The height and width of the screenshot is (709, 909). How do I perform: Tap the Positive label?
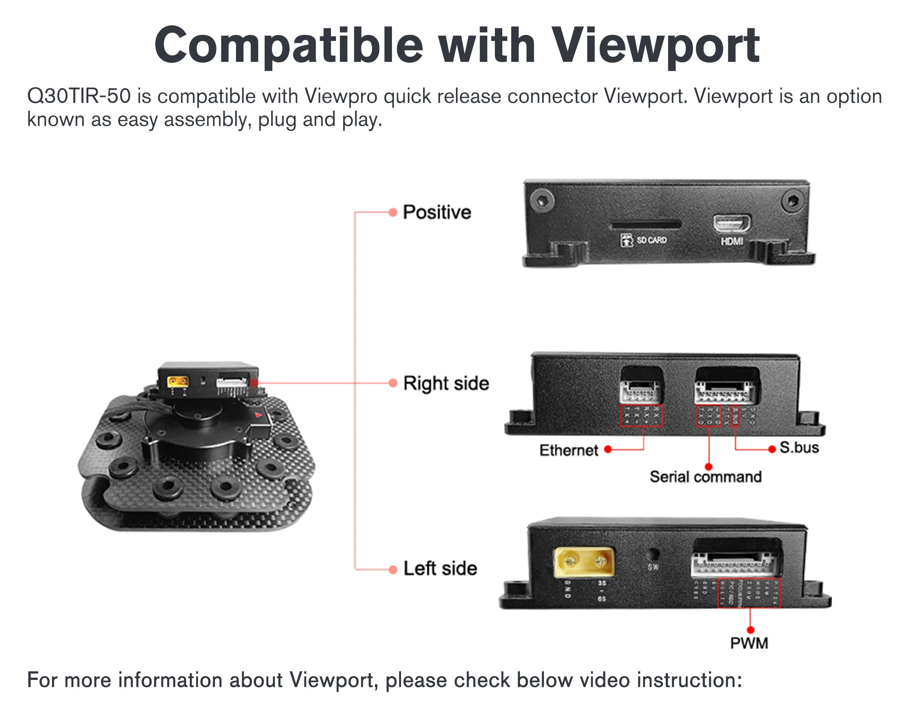pos(437,212)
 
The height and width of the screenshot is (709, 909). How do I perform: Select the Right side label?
pos(446,383)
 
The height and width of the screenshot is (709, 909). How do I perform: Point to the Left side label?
pos(440,568)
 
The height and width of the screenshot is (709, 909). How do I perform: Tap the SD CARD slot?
pos(645,225)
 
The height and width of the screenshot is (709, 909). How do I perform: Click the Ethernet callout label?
pos(569,450)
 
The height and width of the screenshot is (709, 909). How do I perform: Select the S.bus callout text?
pos(799,448)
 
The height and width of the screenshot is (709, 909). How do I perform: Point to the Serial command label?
pos(705,477)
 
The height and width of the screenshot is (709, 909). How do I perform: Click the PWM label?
pos(749,643)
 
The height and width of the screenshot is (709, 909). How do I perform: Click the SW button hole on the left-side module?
pos(653,554)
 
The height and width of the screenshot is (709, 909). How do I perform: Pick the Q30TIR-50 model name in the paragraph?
pos(79,96)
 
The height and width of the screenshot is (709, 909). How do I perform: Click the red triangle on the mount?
pos(258,414)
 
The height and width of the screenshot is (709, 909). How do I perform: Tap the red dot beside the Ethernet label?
pos(608,449)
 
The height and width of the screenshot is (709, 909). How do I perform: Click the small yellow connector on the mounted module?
pos(178,381)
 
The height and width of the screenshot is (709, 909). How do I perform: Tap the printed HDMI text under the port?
pos(732,241)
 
